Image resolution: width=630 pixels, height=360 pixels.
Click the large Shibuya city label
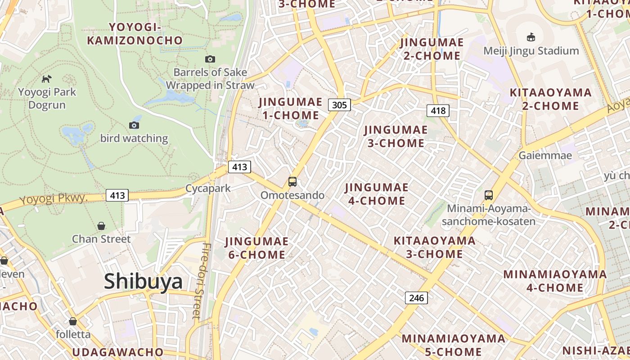(143, 282)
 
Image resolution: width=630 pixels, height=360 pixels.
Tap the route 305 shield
(339, 105)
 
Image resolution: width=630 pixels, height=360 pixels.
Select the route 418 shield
(438, 110)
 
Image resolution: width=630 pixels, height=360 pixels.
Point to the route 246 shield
(416, 297)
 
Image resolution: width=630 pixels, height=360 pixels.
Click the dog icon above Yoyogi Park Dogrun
(46, 79)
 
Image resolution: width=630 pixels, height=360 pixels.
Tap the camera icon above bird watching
(134, 125)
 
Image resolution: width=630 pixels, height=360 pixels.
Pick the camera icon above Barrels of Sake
(210, 59)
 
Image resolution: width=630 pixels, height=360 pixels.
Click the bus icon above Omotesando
(292, 182)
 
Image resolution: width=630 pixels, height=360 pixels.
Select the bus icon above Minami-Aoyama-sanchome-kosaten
(489, 195)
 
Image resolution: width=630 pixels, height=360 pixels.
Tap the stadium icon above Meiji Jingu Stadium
(531, 37)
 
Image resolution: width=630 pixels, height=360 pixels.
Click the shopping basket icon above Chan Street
(101, 225)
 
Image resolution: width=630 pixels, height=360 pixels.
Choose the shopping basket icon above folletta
(73, 321)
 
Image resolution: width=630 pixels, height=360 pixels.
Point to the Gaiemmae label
(545, 156)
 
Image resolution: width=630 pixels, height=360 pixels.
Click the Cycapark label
(208, 189)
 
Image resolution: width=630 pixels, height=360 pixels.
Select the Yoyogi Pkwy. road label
(53, 198)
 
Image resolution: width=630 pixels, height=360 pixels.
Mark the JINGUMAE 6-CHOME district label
(256, 248)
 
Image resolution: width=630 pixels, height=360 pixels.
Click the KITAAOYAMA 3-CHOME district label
(434, 247)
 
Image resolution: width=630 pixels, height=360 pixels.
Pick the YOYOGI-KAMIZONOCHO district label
(135, 34)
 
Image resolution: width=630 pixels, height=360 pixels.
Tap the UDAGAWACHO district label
(117, 351)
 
